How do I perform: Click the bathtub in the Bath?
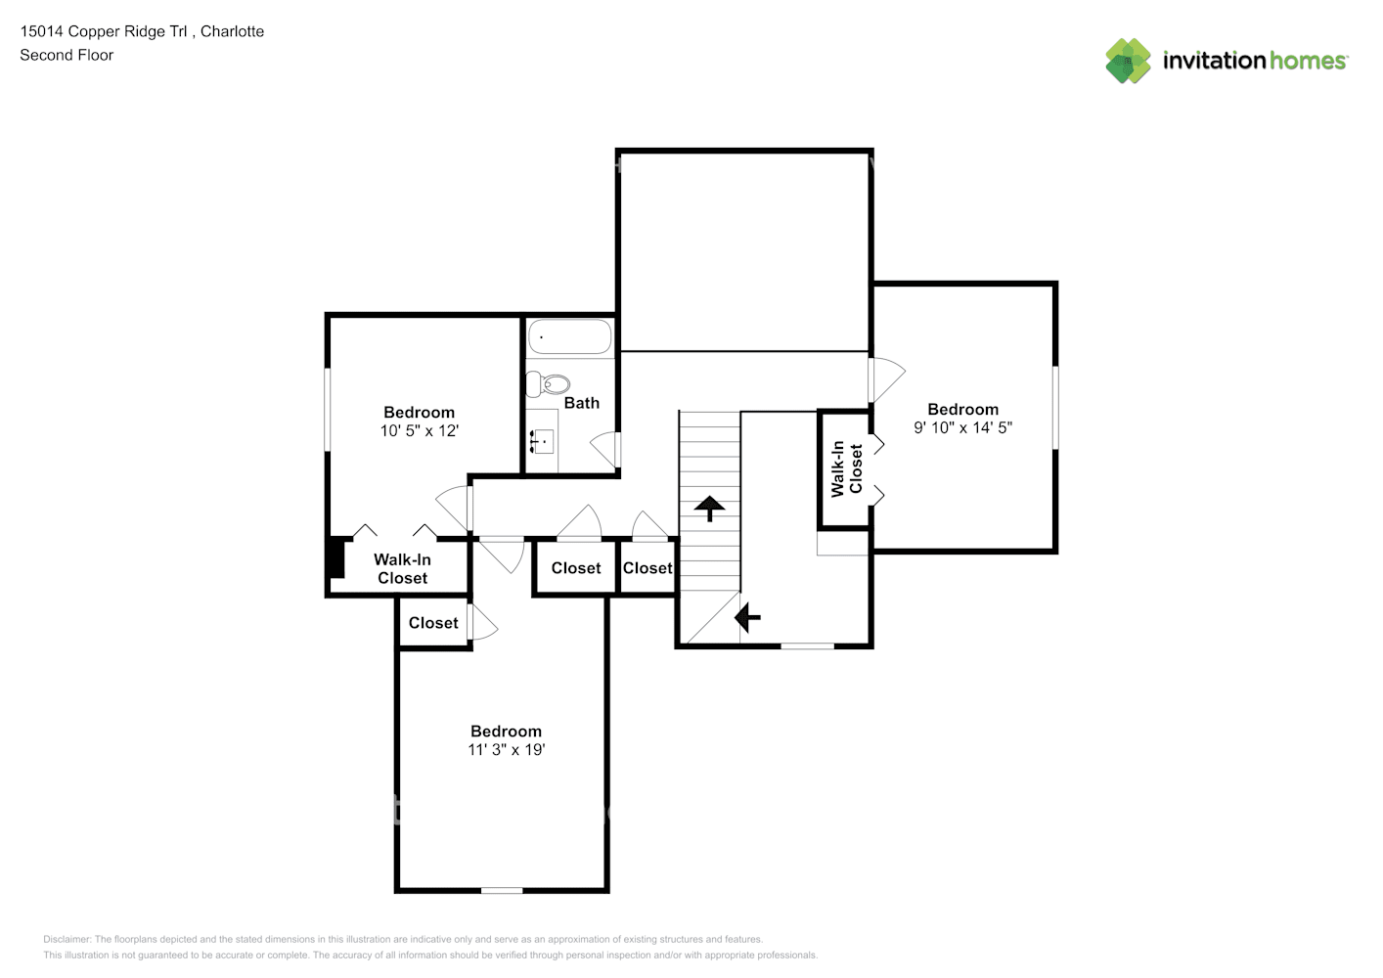click(569, 336)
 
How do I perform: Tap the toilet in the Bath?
click(548, 384)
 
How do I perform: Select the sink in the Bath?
click(542, 441)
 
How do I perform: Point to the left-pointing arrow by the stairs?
click(747, 617)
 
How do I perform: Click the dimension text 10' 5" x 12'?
click(420, 431)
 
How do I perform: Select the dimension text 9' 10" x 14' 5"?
click(962, 427)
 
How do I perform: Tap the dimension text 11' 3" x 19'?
click(507, 749)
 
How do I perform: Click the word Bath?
click(582, 403)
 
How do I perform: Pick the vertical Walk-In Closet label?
click(846, 468)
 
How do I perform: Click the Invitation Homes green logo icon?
click(1128, 61)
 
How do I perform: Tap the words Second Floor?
click(67, 55)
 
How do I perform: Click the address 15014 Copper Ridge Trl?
click(104, 31)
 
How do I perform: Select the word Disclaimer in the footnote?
click(67, 939)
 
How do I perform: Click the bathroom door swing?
click(603, 448)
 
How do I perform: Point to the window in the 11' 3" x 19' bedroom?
click(502, 890)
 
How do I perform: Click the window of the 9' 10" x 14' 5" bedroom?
click(1055, 408)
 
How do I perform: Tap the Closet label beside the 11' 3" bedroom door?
click(433, 623)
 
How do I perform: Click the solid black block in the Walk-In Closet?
click(335, 557)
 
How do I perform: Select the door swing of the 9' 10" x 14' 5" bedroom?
click(886, 379)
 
